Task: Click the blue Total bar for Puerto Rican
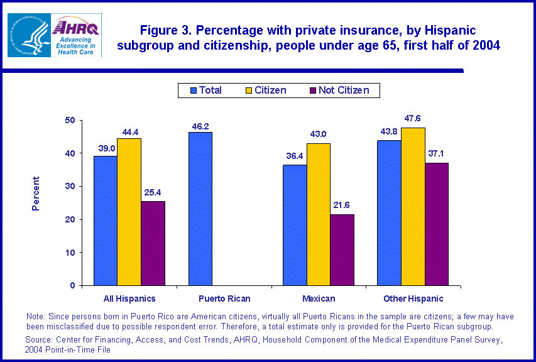pos(200,209)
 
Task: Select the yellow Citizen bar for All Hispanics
pos(129,212)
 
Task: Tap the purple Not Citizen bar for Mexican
pos(342,250)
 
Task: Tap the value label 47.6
pos(413,118)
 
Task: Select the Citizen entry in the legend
pos(263,90)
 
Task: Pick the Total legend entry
pos(204,90)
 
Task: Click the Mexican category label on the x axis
pos(318,299)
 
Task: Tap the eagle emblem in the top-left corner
pos(28,35)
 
